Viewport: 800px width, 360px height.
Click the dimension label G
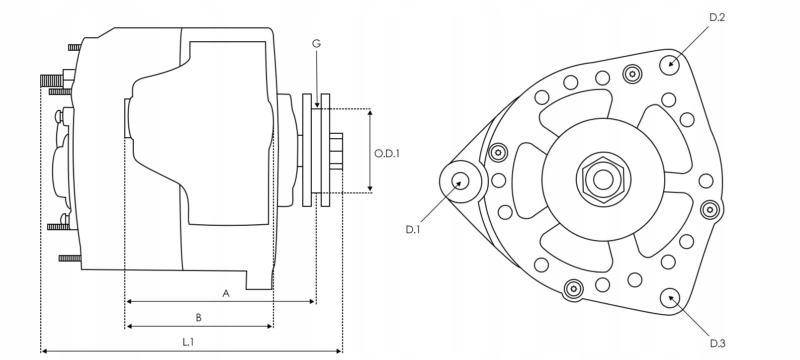tap(316, 44)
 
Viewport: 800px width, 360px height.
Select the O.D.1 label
tap(387, 153)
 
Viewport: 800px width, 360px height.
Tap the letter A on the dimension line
tap(226, 293)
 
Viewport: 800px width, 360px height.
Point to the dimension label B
tap(198, 318)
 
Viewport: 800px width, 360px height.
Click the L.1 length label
tap(188, 342)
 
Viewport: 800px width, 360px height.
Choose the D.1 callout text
tap(413, 230)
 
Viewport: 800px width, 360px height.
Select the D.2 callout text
tap(717, 17)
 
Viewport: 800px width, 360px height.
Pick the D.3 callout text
tap(717, 343)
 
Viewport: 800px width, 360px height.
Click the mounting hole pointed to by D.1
tap(460, 181)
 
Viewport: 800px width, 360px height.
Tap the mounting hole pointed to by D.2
tap(670, 65)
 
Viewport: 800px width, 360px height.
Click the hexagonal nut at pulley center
tap(603, 180)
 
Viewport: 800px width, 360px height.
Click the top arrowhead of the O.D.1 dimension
tap(370, 112)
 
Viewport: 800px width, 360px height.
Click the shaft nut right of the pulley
tap(336, 151)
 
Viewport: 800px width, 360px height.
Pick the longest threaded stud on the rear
tap(53, 80)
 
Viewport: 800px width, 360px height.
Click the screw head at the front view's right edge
tap(710, 210)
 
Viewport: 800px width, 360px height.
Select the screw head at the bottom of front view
tap(574, 289)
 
